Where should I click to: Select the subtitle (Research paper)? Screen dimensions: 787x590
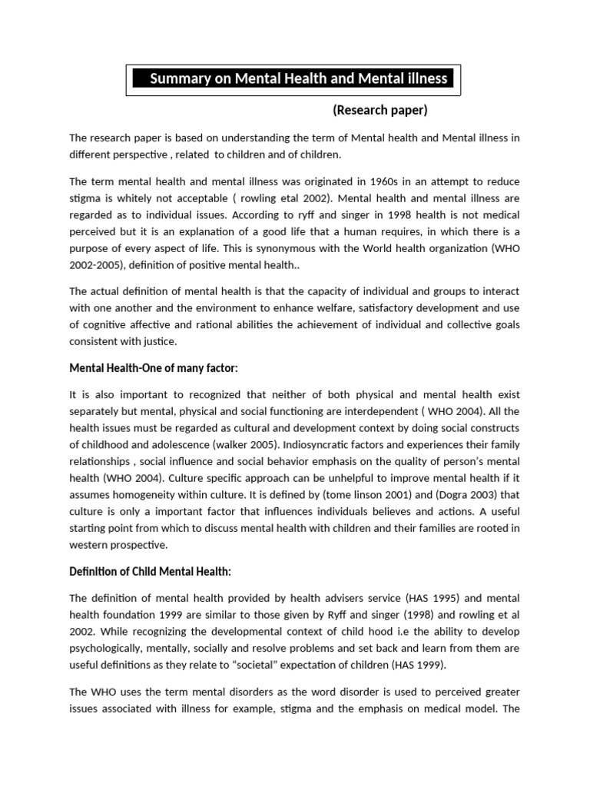(380, 110)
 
